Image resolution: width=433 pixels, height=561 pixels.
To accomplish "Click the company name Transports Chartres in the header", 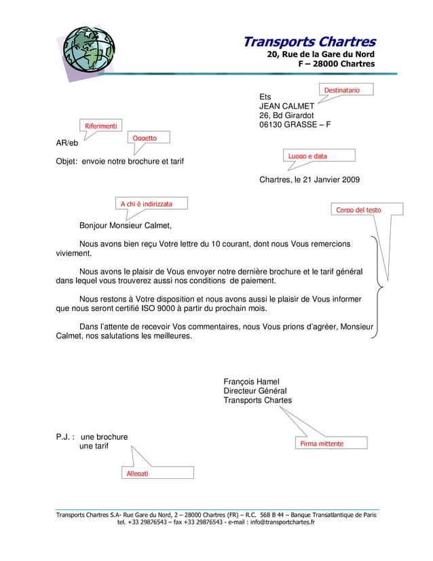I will point(309,42).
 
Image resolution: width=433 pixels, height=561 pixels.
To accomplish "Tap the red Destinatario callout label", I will point(345,90).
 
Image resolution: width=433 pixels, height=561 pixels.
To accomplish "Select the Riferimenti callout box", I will point(100,126).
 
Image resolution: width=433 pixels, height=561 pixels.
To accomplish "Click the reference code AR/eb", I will point(67,143).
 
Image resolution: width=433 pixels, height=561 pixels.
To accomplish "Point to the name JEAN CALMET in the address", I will point(286,107).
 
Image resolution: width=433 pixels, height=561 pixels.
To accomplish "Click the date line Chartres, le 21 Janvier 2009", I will point(309,180).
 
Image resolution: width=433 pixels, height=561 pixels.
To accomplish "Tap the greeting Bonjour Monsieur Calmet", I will point(126,225).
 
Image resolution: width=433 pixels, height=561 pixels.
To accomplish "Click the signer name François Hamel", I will point(251,382).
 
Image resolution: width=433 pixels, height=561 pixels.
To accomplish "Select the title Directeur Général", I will point(255,391).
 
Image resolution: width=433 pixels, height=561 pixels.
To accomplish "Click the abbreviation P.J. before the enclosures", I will point(64,437).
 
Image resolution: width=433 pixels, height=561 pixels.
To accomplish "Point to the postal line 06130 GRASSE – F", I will point(295,125).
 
